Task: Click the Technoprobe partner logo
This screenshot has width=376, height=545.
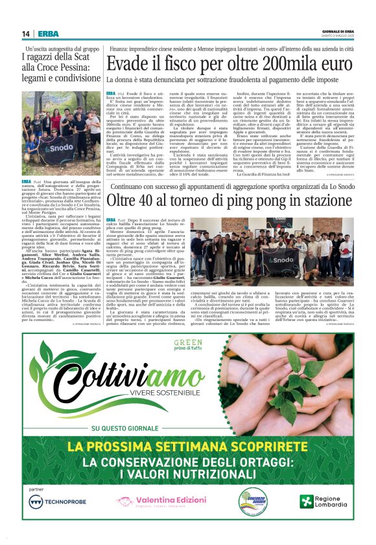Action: point(59,502)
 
